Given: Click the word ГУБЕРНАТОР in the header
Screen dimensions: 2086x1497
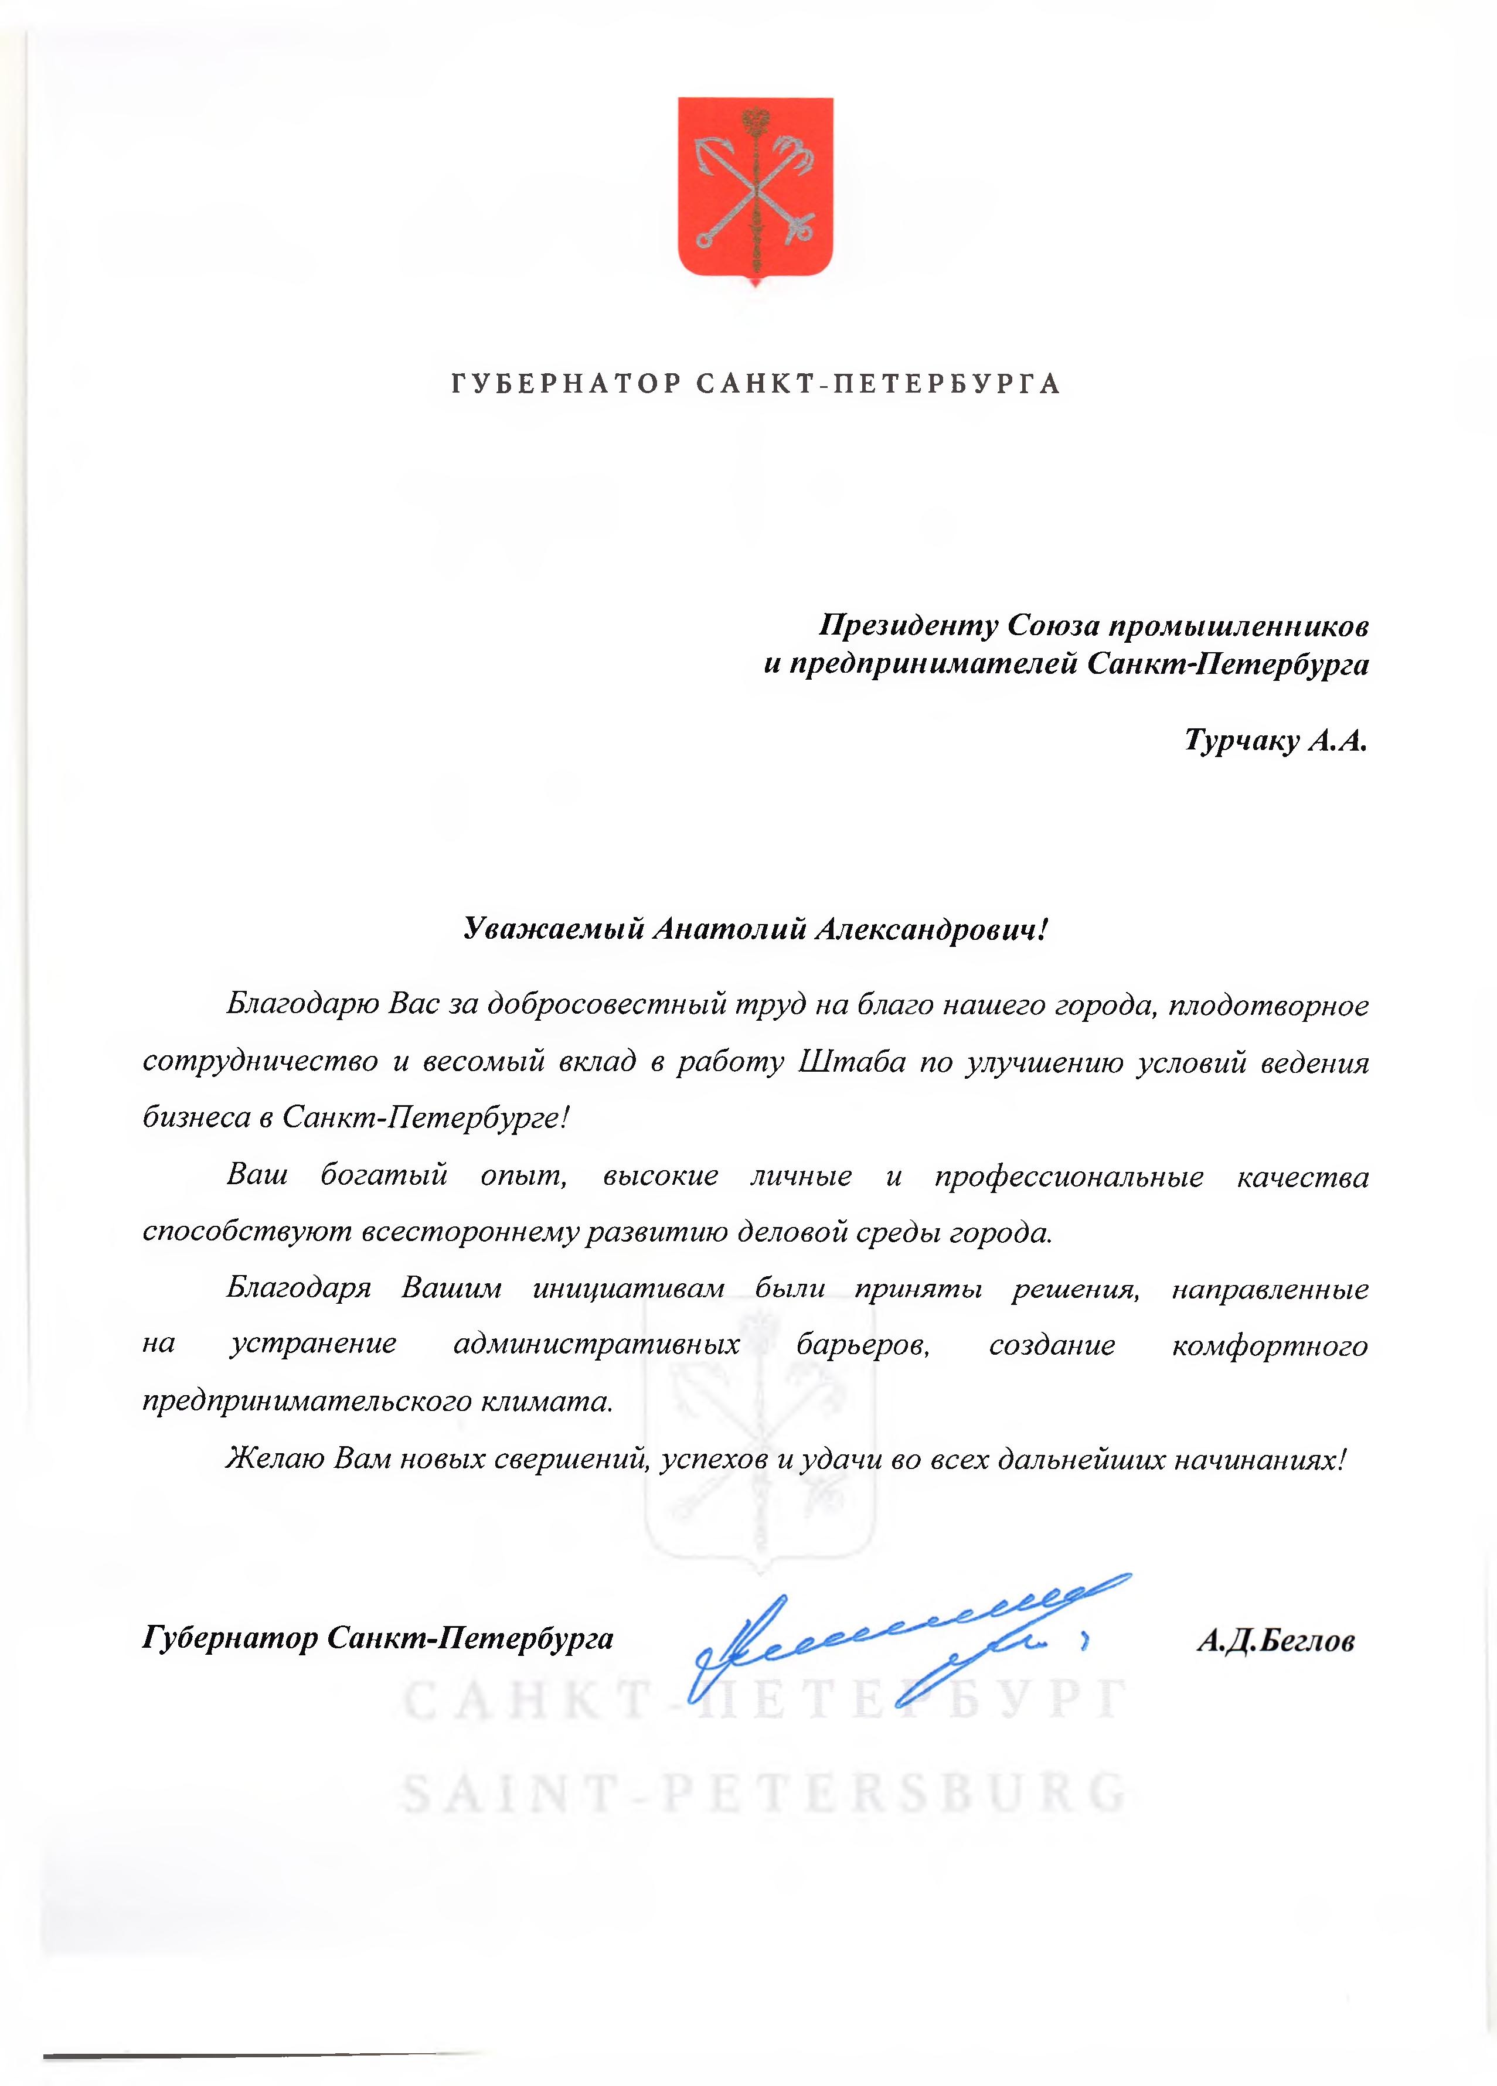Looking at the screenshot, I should tap(564, 384).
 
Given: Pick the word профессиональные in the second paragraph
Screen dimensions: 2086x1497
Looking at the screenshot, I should tap(1069, 1177).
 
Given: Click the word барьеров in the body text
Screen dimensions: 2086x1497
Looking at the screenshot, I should tap(863, 1345).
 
